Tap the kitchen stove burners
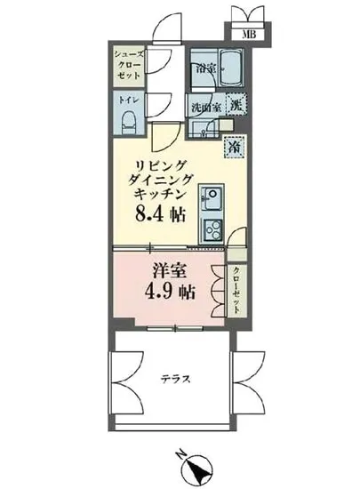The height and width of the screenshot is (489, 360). click(213, 230)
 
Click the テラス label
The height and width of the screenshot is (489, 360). click(174, 379)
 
